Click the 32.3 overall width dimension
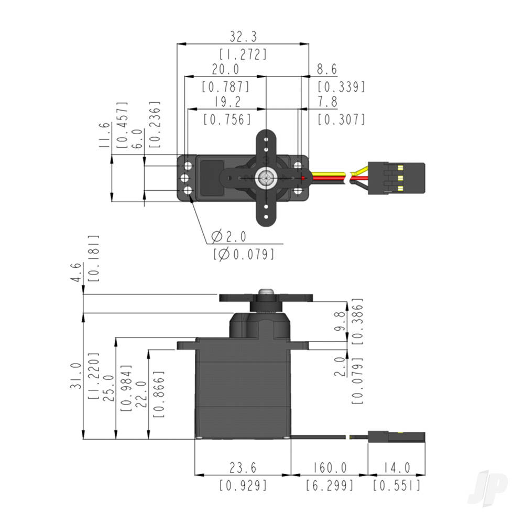pyautogui.click(x=243, y=37)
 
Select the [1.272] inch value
pyautogui.click(x=243, y=54)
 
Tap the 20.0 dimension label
pyautogui.click(x=225, y=69)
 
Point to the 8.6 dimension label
pyautogui.click(x=326, y=70)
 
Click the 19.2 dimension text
pyautogui.click(x=225, y=102)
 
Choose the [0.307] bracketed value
pyautogui.click(x=341, y=119)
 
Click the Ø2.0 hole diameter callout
pyautogui.click(x=228, y=236)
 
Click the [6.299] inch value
pyautogui.click(x=330, y=486)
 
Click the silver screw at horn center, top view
pyautogui.click(x=266, y=178)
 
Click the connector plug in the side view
pyautogui.click(x=396, y=436)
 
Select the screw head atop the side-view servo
pyautogui.click(x=266, y=291)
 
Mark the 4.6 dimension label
pyautogui.click(x=77, y=273)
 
